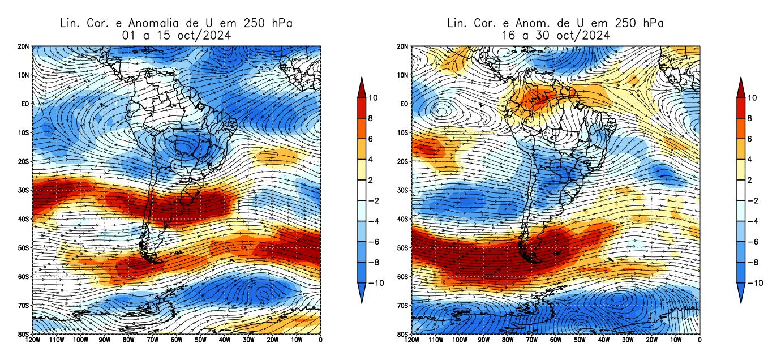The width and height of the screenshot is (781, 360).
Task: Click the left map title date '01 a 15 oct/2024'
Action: coord(177,35)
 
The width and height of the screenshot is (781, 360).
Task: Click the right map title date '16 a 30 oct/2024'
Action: coord(555,35)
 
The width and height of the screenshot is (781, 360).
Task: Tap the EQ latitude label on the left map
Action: coord(25,104)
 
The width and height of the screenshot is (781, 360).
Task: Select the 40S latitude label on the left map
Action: coord(24,219)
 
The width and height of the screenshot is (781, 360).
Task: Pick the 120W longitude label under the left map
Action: coord(32,341)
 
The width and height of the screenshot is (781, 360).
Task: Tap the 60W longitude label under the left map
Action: coord(177,341)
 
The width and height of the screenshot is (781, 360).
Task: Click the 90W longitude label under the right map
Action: coord(483,341)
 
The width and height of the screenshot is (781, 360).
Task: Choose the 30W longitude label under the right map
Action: coord(628,341)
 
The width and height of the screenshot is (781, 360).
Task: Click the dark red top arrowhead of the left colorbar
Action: coord(362,84)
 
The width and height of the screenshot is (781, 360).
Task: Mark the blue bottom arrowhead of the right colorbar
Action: coord(741,294)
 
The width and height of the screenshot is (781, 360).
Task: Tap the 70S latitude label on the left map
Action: coord(24,306)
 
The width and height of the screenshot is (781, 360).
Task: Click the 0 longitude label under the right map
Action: coord(700,341)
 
